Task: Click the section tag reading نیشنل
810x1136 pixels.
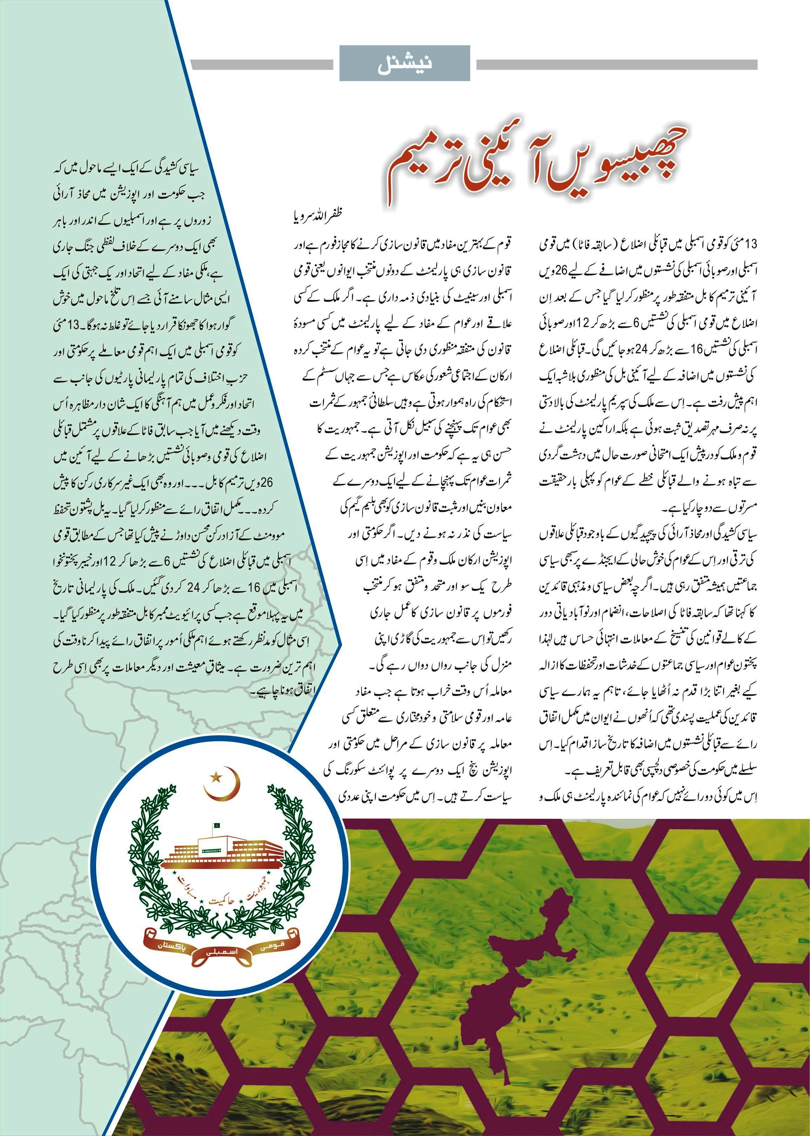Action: tap(405, 64)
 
